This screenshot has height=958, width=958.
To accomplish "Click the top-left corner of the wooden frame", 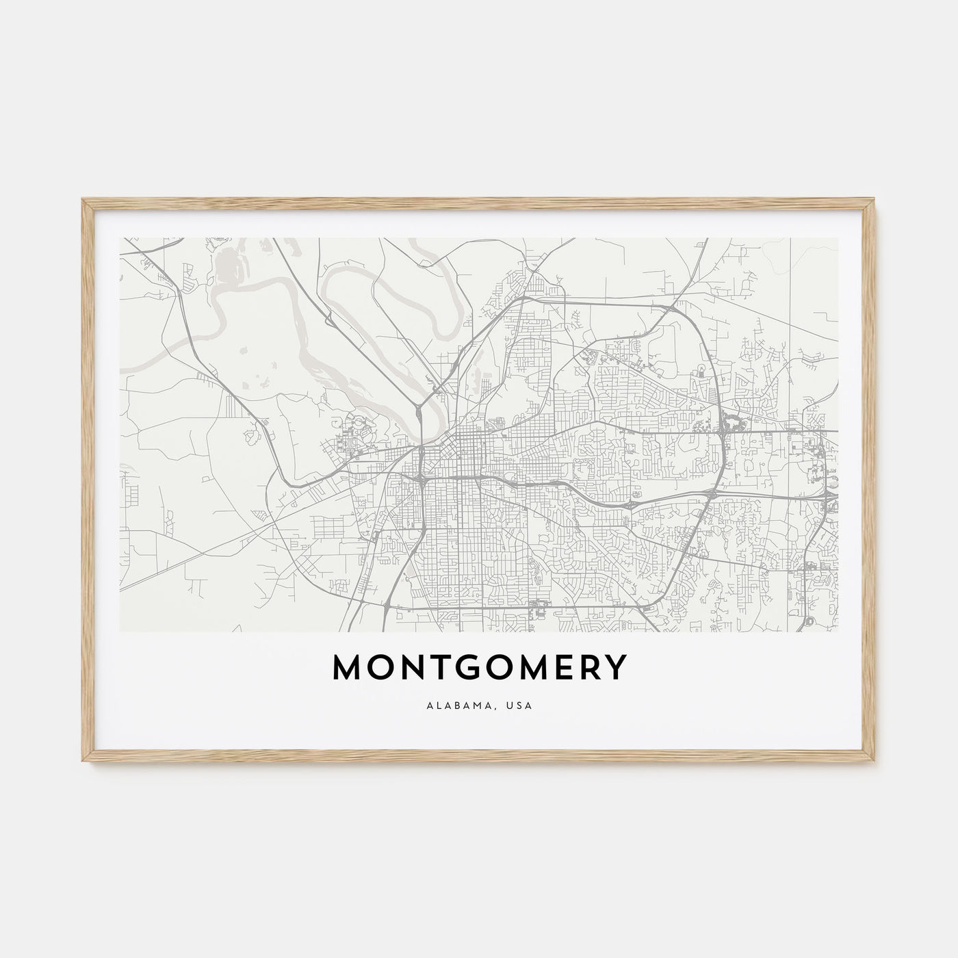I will click(83, 200).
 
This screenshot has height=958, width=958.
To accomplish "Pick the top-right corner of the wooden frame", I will click(875, 200).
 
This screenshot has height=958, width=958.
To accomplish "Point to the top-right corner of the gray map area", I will click(838, 238).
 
